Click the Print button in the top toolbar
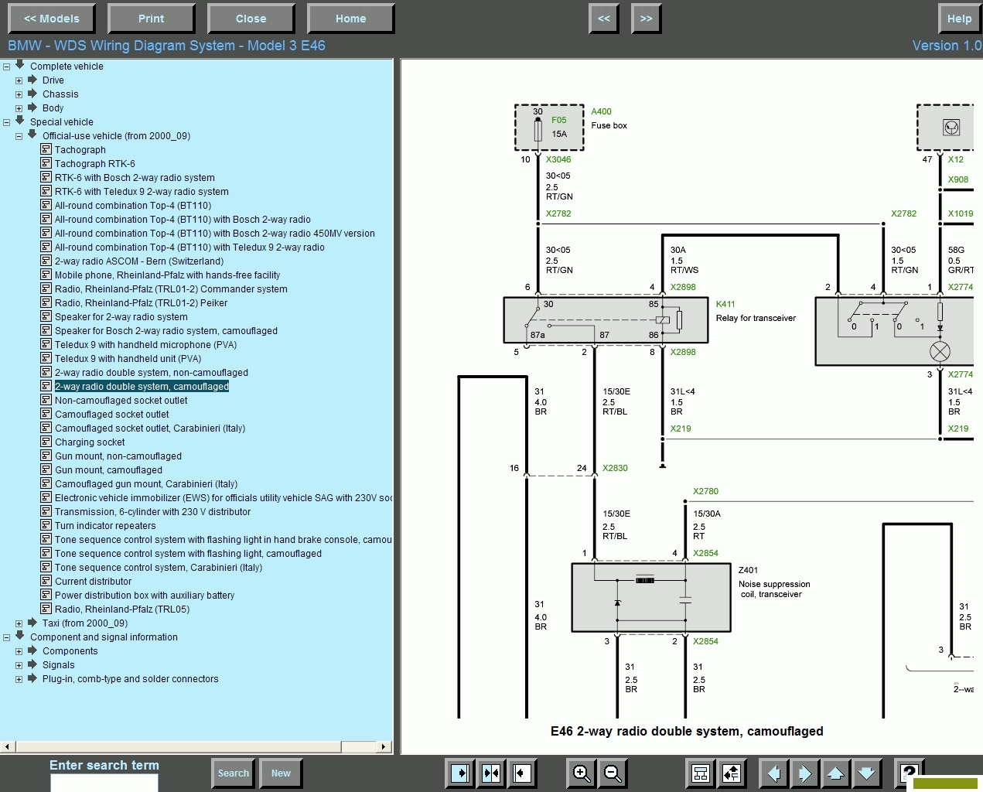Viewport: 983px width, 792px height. (151, 19)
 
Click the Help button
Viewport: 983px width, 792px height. (959, 19)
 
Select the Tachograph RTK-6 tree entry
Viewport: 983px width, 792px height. (94, 163)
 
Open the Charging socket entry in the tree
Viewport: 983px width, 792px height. (90, 442)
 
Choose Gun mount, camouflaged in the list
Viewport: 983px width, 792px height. (108, 470)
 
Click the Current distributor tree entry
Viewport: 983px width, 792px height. (93, 582)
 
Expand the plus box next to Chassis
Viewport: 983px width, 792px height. (19, 94)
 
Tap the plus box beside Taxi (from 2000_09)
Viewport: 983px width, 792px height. (19, 623)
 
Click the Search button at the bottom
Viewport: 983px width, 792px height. (233, 773)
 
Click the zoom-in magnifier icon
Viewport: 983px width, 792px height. (581, 773)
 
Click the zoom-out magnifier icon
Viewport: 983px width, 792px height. (612, 773)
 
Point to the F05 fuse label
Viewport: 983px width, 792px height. (558, 120)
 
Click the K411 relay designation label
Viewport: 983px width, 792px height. (725, 304)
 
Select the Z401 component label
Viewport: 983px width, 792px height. (748, 570)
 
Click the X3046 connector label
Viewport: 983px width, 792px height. (558, 159)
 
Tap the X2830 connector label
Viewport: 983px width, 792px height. (615, 468)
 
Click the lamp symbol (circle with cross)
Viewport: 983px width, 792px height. (940, 352)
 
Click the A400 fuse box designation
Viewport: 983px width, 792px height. (601, 111)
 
